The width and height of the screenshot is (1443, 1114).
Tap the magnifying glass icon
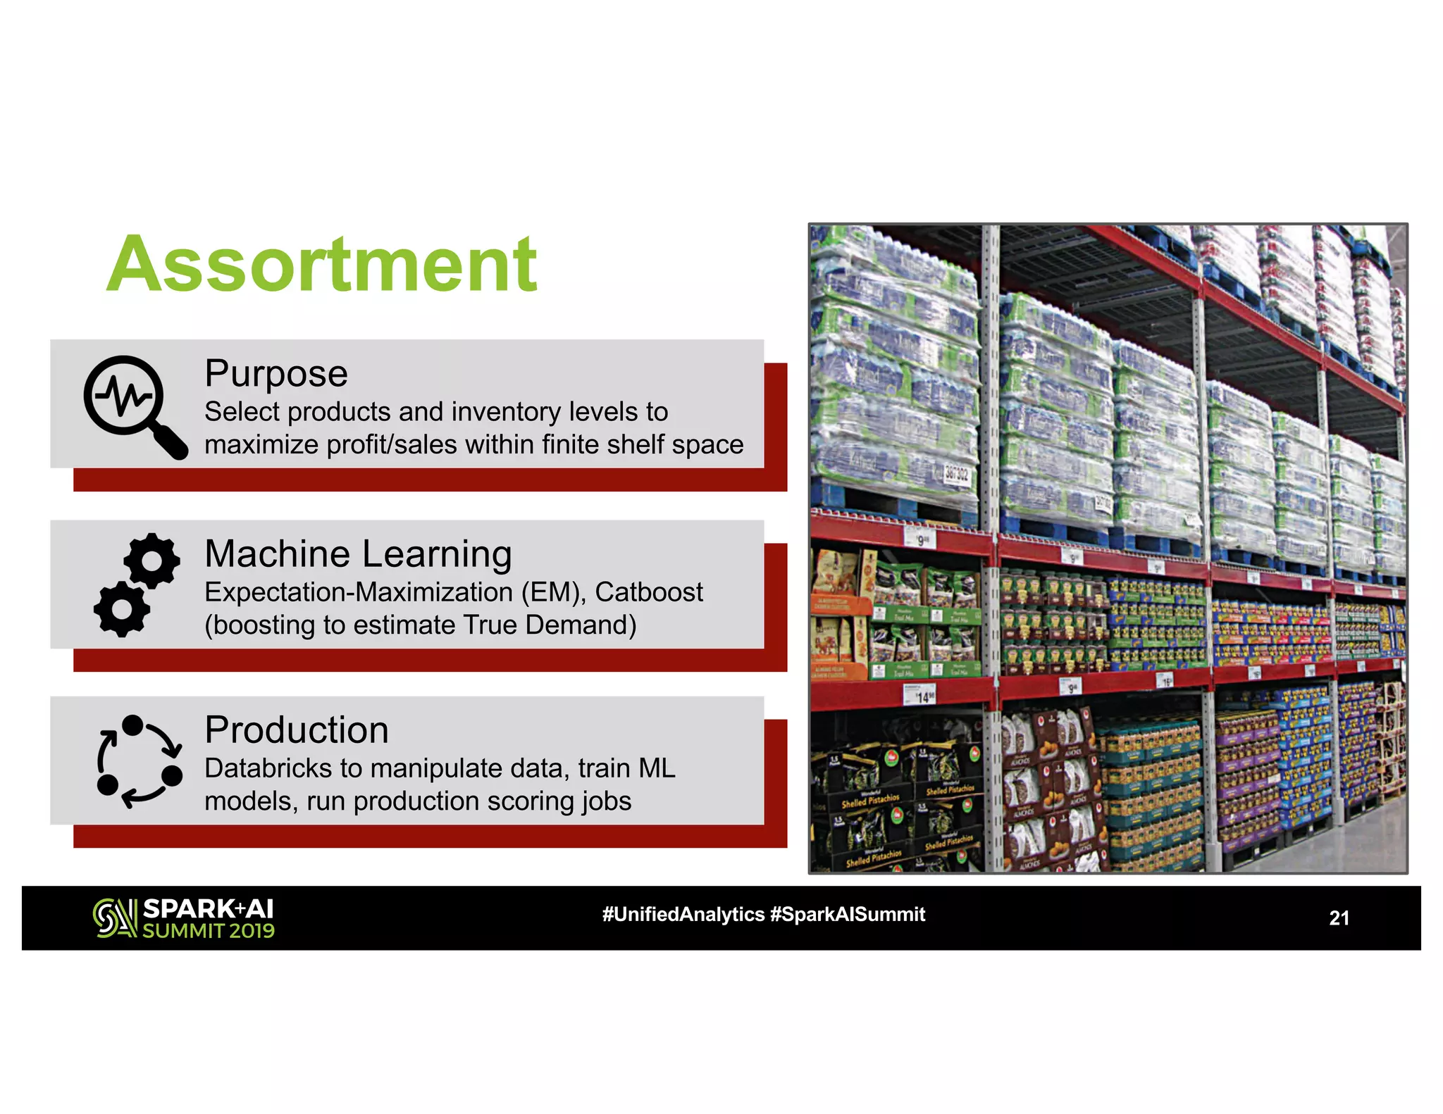134,406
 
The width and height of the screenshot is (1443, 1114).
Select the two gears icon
137,584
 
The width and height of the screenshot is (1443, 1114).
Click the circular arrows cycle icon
139,762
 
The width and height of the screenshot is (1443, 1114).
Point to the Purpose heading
275,373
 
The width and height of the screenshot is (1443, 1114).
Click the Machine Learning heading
358,553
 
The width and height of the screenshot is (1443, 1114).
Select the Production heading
297,730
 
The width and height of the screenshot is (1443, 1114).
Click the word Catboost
648,592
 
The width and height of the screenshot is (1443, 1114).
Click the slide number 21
1339,918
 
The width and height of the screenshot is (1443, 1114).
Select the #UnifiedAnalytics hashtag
683,914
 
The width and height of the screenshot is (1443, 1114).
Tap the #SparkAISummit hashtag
848,914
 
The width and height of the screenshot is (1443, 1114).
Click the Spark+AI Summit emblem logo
114,918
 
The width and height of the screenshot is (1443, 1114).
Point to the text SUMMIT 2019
209,931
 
